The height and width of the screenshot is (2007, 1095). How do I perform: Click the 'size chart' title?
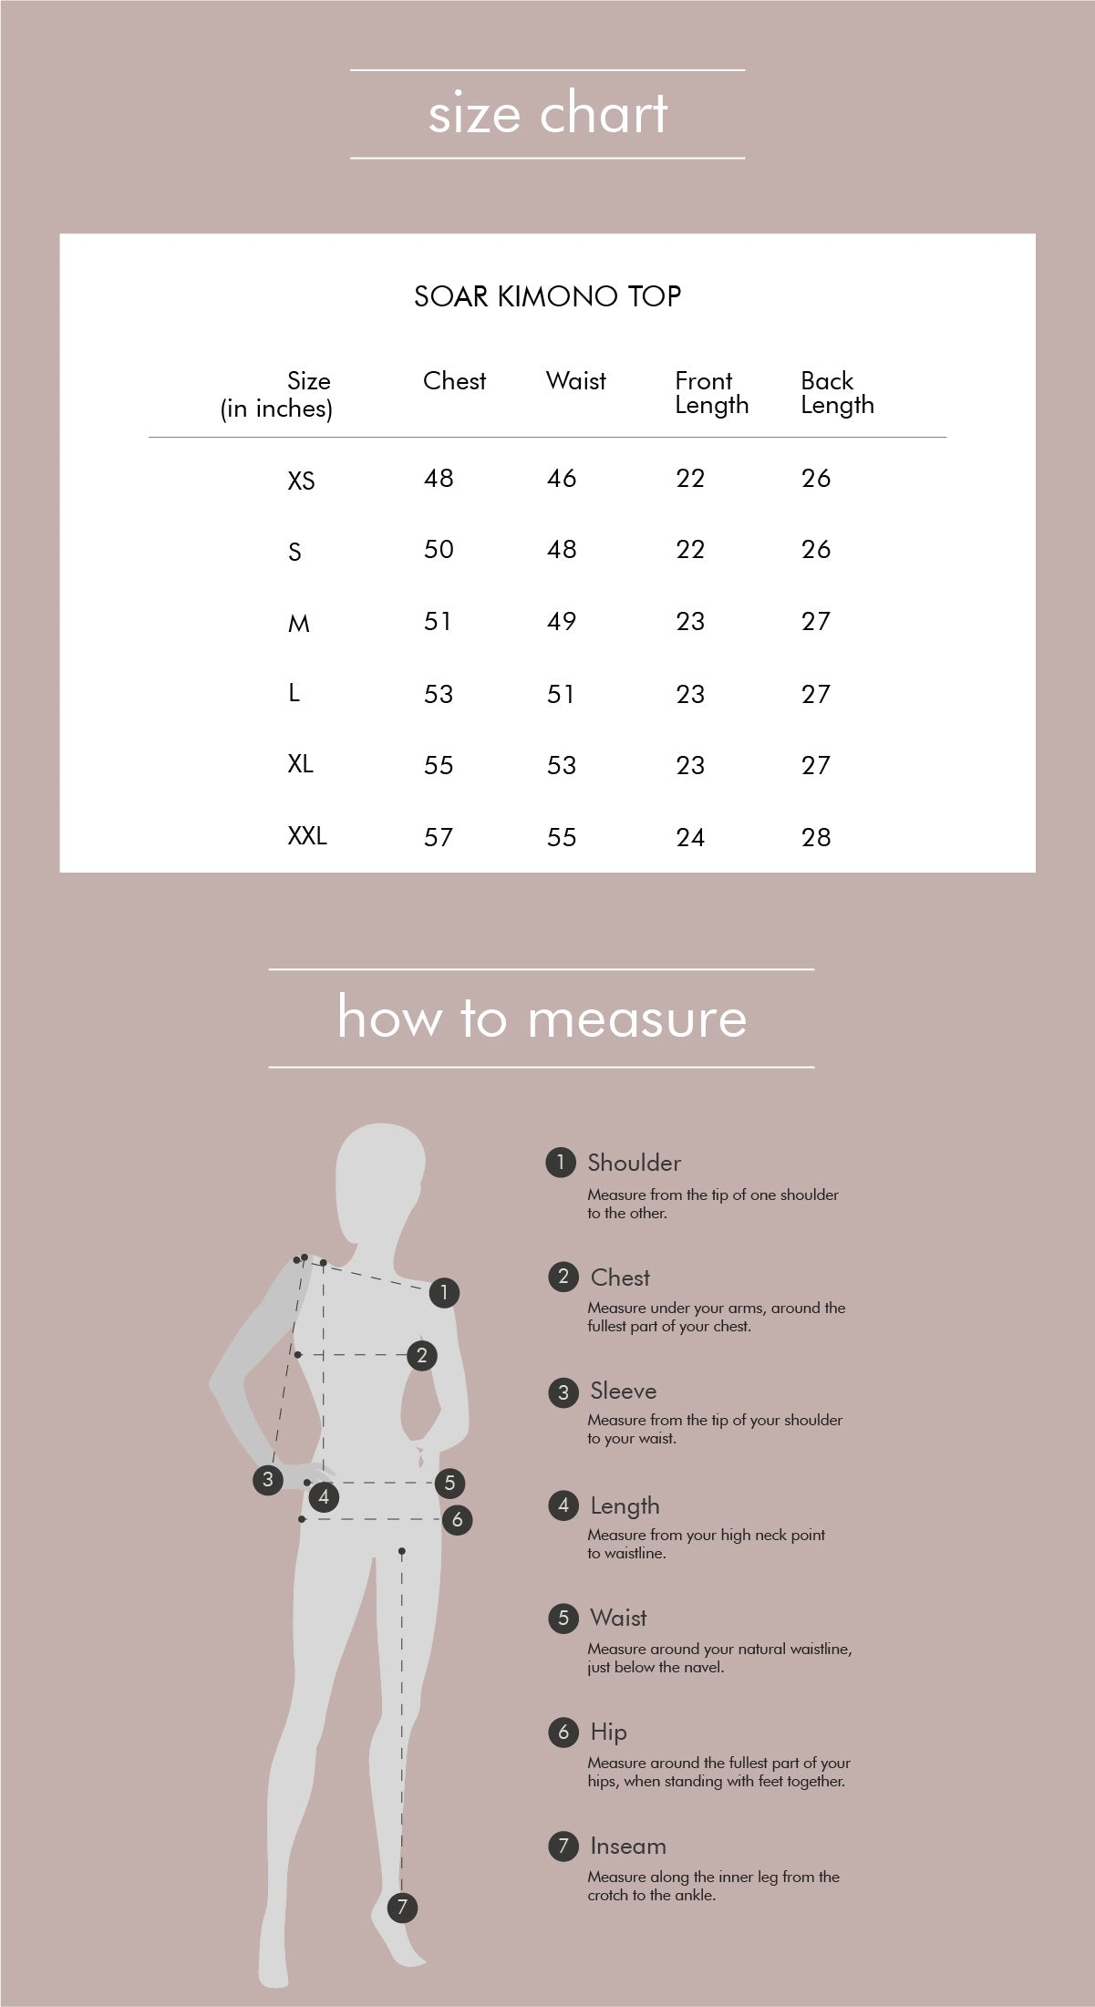(x=548, y=114)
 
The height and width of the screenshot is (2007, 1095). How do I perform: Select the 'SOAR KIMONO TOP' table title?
(x=548, y=296)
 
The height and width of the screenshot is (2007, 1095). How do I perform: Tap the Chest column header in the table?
(x=454, y=381)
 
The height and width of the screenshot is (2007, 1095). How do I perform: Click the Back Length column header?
(x=837, y=393)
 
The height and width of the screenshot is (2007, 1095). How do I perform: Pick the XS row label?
(x=301, y=481)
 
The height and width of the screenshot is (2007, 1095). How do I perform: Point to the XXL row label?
(x=307, y=836)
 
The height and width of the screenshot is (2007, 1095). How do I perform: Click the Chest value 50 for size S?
(x=439, y=549)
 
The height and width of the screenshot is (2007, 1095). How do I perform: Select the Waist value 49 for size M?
(x=562, y=622)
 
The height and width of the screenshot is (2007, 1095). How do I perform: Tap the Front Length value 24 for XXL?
(x=690, y=837)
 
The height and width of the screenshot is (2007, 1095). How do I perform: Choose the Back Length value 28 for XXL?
(x=816, y=837)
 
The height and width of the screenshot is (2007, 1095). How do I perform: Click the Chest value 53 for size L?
(x=439, y=695)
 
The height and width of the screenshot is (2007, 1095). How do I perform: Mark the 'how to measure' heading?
(x=542, y=1017)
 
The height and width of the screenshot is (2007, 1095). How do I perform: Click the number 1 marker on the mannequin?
(x=444, y=1292)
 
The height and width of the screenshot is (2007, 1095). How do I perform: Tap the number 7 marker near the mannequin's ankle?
(x=402, y=1907)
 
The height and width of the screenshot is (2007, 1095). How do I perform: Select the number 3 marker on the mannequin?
(x=267, y=1479)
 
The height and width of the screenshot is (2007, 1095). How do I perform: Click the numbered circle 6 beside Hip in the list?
(x=563, y=1732)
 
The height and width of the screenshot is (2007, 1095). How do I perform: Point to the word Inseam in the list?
(x=628, y=1846)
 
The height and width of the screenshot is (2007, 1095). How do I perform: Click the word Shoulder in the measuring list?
(x=634, y=1163)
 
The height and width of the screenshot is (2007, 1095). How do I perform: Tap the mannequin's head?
(x=380, y=1181)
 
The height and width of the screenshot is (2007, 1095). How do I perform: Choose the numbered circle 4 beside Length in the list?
(x=563, y=1505)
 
